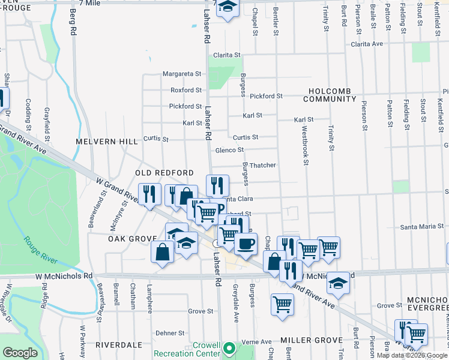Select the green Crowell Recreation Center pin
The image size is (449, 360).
tap(228, 348)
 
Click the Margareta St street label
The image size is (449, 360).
tap(182, 74)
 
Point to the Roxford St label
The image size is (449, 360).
tap(185, 90)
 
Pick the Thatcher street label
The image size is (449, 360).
tap(262, 165)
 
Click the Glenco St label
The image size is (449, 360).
tap(229, 150)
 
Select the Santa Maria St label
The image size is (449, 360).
tap(422, 227)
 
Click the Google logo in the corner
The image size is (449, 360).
tap(20, 352)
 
